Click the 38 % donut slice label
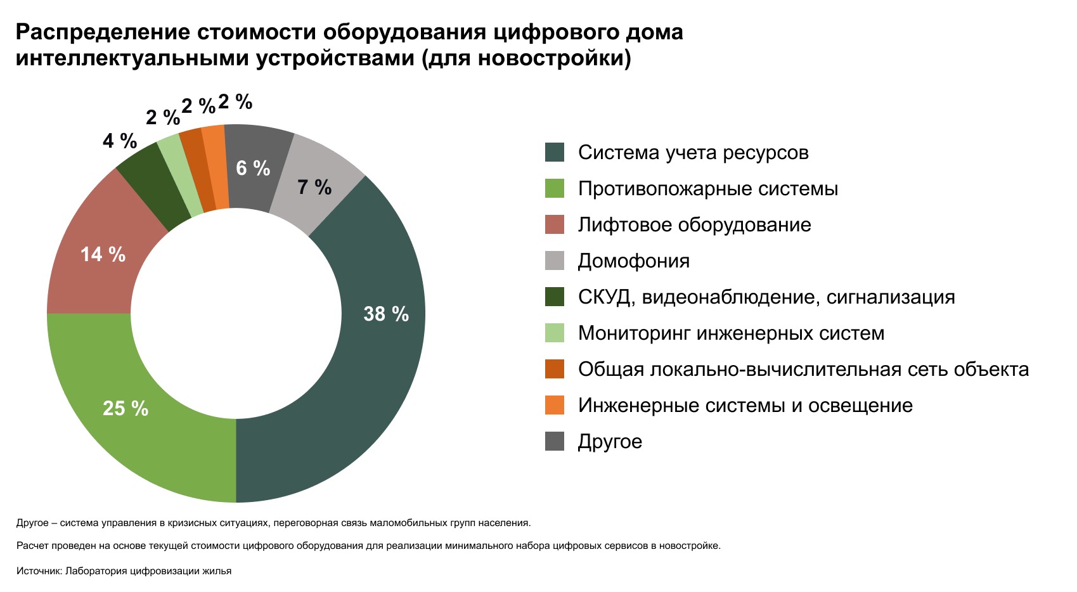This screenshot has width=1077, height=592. click(386, 314)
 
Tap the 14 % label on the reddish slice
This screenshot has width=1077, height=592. click(103, 255)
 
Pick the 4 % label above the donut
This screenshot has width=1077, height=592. click(120, 141)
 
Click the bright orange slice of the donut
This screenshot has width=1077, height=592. click(216, 166)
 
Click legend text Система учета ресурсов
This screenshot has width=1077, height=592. click(693, 153)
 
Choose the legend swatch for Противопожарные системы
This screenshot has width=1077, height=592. click(555, 189)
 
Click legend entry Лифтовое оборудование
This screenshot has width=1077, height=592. click(694, 225)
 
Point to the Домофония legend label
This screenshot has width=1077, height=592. click(633, 261)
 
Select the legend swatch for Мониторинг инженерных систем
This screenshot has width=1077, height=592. click(555, 333)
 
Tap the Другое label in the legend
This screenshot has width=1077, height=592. click(610, 442)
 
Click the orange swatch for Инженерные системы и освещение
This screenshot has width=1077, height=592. click(555, 406)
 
